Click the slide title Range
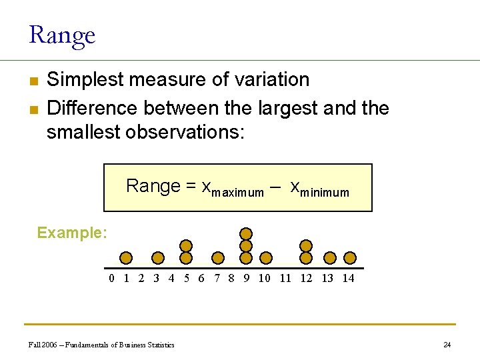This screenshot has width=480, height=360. tap(62, 36)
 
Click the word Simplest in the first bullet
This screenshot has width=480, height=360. tap(85, 79)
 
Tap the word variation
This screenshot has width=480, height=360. tap(272, 79)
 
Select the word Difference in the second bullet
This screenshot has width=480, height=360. tap(92, 108)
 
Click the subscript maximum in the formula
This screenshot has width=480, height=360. tap(237, 193)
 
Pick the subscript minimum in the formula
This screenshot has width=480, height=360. tap(325, 193)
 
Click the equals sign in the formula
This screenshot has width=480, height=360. tap(190, 185)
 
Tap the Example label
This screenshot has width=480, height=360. tap(72, 233)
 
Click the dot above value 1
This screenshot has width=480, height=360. tap(126, 258)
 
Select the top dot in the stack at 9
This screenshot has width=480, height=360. tap(246, 234)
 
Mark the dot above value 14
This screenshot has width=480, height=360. tap(350, 258)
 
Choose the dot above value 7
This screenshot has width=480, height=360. tap(218, 258)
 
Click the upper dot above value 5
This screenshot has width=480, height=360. tap(186, 246)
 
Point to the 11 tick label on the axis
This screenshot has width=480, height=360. tap(285, 278)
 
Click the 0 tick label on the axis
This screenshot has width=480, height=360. tap(111, 278)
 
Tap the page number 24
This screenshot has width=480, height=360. tap(447, 345)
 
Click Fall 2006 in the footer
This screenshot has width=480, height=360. tap(43, 345)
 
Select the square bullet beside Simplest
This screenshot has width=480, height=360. tap(34, 81)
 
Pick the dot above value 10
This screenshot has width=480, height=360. tap(266, 258)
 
